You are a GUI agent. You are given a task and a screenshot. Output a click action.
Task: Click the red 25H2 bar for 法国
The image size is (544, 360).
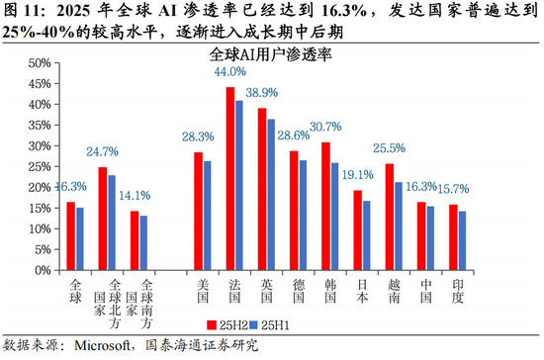[x=230, y=177]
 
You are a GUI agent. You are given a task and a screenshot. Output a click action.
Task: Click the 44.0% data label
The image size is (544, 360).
[x=230, y=72]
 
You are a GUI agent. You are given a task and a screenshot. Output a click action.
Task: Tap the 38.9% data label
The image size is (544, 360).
[x=261, y=90]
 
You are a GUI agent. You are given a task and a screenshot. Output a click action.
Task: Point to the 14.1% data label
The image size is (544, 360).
[x=135, y=195]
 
